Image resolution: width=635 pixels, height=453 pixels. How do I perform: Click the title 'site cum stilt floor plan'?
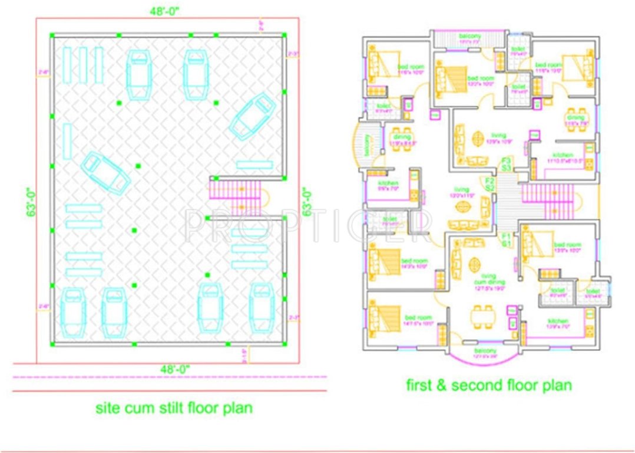pos(174,408)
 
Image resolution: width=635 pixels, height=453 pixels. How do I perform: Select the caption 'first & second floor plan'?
pos(489,385)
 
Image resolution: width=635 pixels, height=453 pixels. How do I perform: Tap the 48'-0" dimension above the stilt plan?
pos(161,10)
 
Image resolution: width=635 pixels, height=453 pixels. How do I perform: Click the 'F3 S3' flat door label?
pos(505,163)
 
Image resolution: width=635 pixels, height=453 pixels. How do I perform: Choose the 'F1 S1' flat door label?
pos(505,239)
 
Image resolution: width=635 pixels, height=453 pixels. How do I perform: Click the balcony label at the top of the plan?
pos(469,38)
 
